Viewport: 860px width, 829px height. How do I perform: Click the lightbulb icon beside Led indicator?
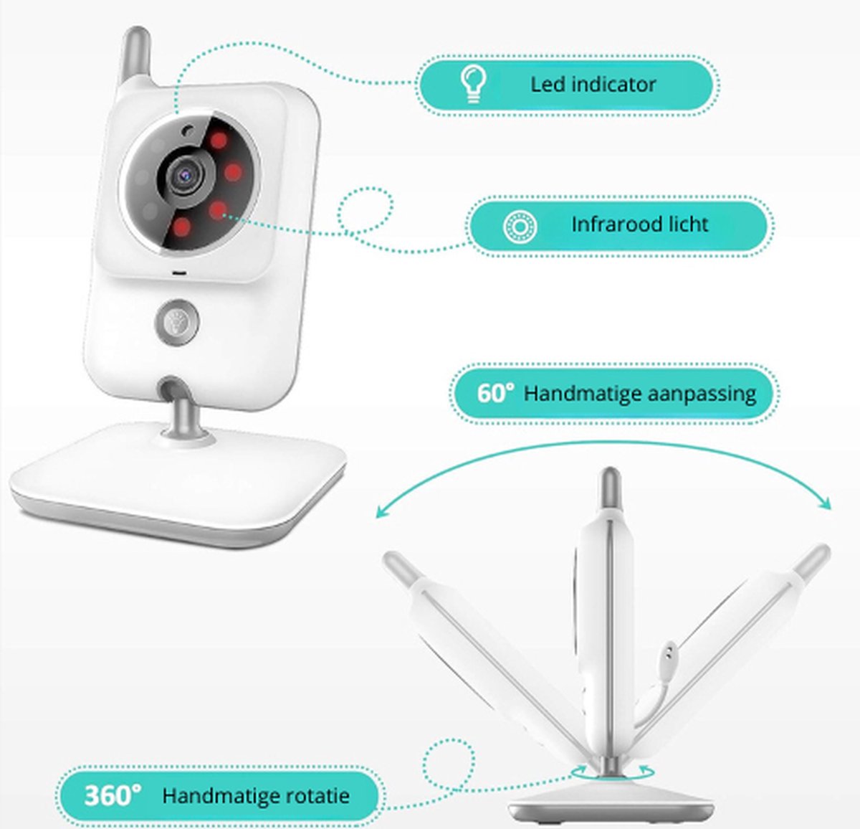tap(473, 85)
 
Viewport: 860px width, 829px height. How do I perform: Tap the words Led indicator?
tap(593, 85)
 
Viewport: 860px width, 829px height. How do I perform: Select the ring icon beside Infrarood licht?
tap(520, 227)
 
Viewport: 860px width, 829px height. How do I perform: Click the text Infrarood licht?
tap(639, 224)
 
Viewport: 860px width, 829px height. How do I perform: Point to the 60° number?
tap(495, 392)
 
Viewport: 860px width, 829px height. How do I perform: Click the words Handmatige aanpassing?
tap(639, 394)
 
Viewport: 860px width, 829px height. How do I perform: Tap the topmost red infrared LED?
tap(219, 141)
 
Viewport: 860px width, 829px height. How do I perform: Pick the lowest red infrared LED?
tap(181, 227)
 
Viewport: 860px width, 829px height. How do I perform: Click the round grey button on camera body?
tap(176, 322)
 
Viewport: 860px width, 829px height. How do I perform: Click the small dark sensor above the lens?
tap(188, 131)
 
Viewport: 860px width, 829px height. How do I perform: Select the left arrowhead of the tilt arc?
tap(382, 511)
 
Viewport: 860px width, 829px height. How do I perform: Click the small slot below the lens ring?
tap(179, 273)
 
